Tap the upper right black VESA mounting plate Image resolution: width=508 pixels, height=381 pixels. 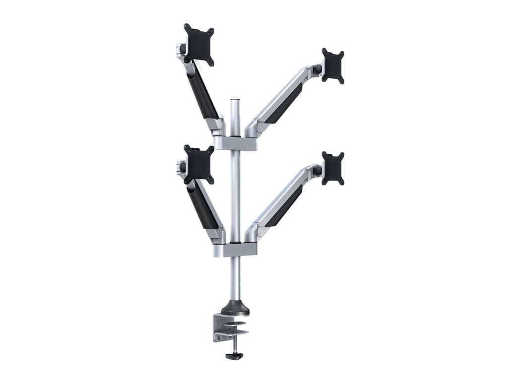click(333, 65)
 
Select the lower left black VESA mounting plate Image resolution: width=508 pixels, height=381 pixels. click(199, 164)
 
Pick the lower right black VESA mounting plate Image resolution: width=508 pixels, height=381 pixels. click(333, 168)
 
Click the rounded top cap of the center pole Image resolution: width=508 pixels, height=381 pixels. click(235, 101)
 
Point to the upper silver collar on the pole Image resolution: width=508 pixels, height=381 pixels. click(235, 143)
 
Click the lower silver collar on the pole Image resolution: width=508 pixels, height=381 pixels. click(235, 250)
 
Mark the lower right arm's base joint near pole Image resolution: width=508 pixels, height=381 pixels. click(254, 233)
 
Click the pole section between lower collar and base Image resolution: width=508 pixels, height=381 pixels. click(235, 278)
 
